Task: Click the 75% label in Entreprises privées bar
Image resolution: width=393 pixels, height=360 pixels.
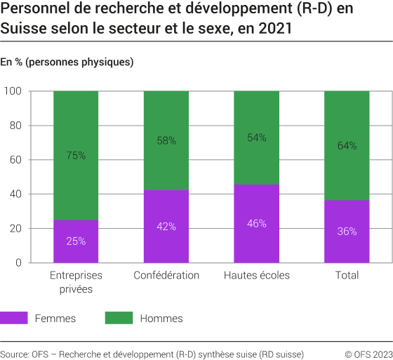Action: point(76,156)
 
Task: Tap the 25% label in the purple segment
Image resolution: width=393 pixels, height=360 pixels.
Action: point(76,241)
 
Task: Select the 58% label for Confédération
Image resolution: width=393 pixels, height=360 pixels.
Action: point(166,141)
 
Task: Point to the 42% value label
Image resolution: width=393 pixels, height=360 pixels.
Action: point(166,227)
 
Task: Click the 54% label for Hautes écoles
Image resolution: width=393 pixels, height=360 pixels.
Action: point(257,138)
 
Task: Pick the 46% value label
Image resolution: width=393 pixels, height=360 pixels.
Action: point(257,223)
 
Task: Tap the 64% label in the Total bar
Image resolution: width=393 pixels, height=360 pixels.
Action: point(347,146)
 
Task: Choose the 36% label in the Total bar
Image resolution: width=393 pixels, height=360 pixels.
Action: point(347,232)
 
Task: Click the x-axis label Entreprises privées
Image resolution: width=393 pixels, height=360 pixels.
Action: point(76,281)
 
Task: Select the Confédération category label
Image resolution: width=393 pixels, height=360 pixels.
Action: point(166,275)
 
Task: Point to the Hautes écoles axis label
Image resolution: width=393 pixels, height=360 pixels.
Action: point(257,275)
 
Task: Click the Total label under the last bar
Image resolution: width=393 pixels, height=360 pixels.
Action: point(347,275)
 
